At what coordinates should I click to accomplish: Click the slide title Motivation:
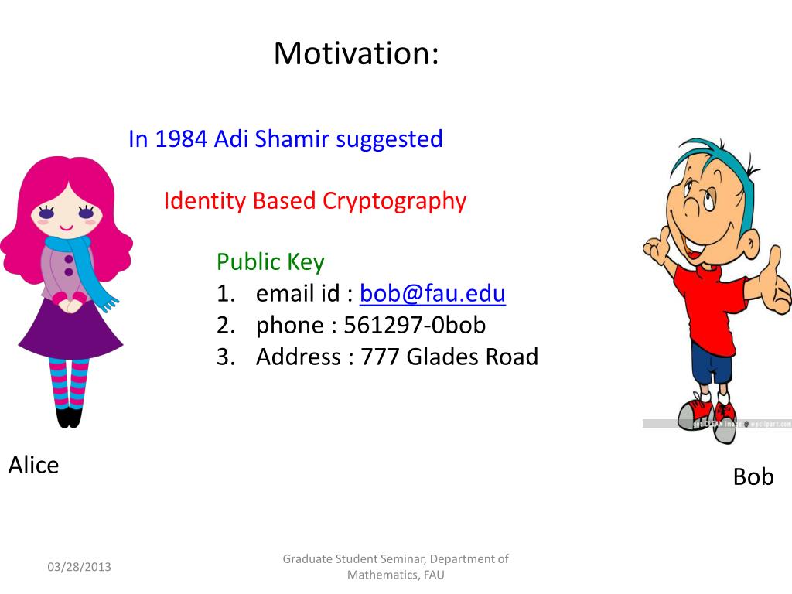coord(356,53)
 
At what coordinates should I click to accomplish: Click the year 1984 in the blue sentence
coord(181,139)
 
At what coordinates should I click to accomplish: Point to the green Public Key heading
coord(270,262)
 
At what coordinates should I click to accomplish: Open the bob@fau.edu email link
coord(432,293)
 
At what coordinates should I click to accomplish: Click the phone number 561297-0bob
coord(415,325)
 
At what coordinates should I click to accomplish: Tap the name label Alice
coord(33,465)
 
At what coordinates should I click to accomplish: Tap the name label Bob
coord(753,476)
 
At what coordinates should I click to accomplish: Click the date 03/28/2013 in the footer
coord(80,567)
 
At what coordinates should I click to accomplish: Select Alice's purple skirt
coord(70,328)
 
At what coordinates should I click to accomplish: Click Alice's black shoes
coord(69,418)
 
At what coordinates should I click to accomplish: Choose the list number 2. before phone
coord(226,326)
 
